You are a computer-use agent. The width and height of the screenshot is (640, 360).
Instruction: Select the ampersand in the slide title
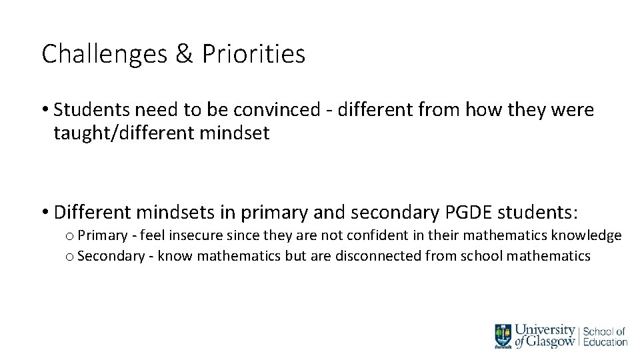pyautogui.click(x=183, y=55)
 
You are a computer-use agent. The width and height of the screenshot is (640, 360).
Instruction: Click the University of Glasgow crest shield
pyautogui.click(x=503, y=335)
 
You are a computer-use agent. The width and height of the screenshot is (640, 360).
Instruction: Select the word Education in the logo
pyautogui.click(x=605, y=342)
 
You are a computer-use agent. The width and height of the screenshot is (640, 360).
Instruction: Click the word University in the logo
pyautogui.click(x=546, y=329)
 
